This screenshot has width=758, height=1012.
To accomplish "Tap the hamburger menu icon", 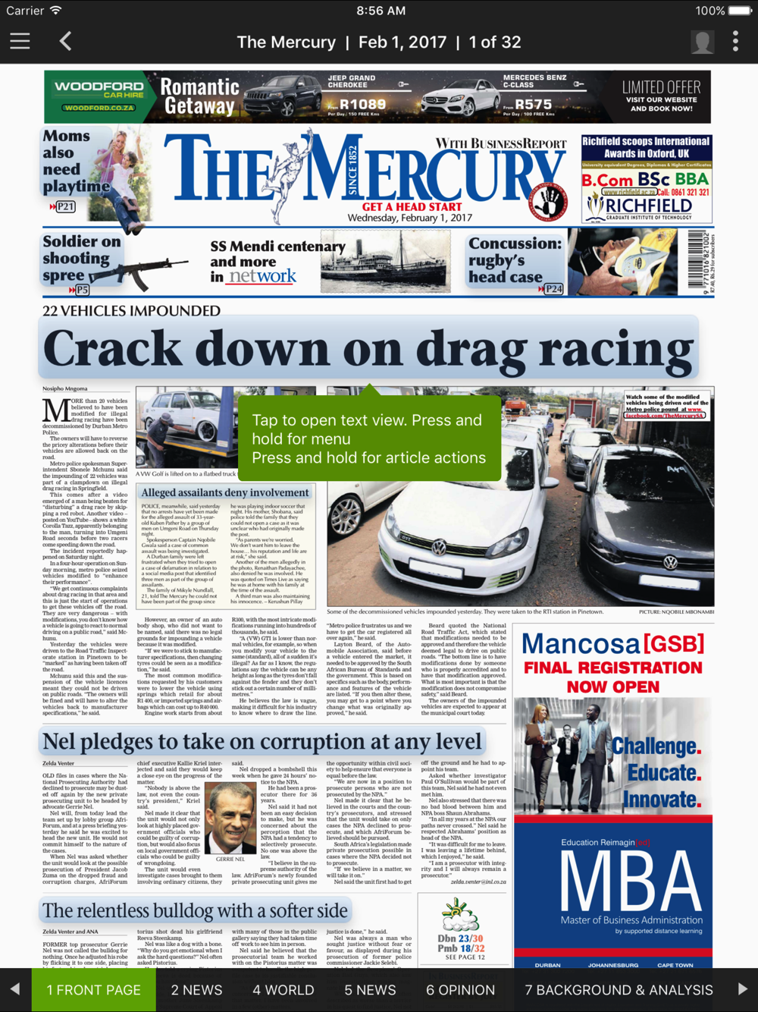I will pyautogui.click(x=20, y=42).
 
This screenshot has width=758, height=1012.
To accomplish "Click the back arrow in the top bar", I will pyautogui.click(x=66, y=42).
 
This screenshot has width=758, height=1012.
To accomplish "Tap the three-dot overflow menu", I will pyautogui.click(x=735, y=42).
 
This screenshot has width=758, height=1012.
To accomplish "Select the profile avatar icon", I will pyautogui.click(x=702, y=42).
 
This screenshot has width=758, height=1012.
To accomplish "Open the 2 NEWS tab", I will pyautogui.click(x=196, y=990).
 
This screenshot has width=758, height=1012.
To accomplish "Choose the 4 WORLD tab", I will pyautogui.click(x=283, y=990).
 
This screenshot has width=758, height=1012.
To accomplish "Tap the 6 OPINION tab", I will pyautogui.click(x=460, y=990).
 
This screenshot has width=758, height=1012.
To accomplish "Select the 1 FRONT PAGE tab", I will pyautogui.click(x=94, y=990).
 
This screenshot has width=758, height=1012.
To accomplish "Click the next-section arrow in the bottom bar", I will pyautogui.click(x=742, y=989).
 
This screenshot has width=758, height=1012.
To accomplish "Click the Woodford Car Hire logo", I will pyautogui.click(x=99, y=96).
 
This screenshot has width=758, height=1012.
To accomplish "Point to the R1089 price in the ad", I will pyautogui.click(x=362, y=105).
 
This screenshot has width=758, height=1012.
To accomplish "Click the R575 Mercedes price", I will pyautogui.click(x=533, y=105).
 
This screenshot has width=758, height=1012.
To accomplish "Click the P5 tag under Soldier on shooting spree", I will pyautogui.click(x=81, y=290).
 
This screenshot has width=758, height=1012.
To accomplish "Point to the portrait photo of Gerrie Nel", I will pyautogui.click(x=230, y=819).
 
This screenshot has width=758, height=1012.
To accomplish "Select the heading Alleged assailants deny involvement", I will pyautogui.click(x=225, y=493).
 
